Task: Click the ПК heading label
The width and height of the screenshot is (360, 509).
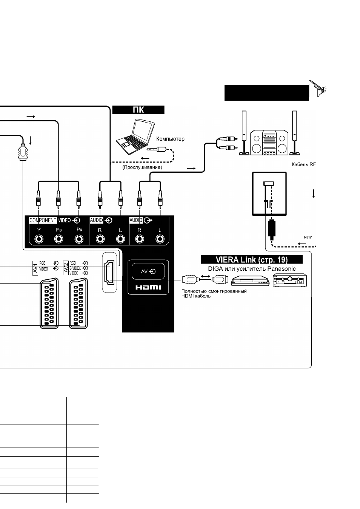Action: [x=138, y=110]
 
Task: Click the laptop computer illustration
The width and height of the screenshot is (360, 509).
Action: [x=136, y=137]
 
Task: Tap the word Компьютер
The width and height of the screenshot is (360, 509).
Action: [x=170, y=139]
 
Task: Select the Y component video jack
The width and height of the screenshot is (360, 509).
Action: [x=39, y=239]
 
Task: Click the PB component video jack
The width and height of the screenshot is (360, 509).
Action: [x=59, y=239]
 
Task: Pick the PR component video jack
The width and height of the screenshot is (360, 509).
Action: [x=79, y=239]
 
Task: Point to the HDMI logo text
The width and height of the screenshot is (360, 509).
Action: [x=148, y=288]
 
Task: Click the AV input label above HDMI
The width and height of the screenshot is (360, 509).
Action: [x=148, y=271]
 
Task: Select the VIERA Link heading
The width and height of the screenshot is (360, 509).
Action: [x=252, y=259]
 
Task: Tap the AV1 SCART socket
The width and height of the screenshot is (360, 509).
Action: [x=49, y=304]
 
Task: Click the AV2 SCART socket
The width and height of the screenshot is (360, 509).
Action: [x=78, y=304]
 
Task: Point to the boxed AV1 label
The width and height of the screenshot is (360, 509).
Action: [x=35, y=268]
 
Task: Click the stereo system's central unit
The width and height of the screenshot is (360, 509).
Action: [x=269, y=143]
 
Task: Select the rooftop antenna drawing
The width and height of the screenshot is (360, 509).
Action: [x=318, y=88]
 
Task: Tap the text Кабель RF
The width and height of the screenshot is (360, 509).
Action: [x=304, y=164]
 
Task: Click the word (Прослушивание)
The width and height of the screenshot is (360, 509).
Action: [x=142, y=167]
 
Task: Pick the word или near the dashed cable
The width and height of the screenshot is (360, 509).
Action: [x=308, y=237]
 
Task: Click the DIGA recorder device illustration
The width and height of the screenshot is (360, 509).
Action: [x=250, y=281]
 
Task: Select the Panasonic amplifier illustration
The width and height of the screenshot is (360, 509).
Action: [x=290, y=280]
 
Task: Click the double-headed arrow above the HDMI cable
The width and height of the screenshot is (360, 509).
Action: [x=206, y=276]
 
